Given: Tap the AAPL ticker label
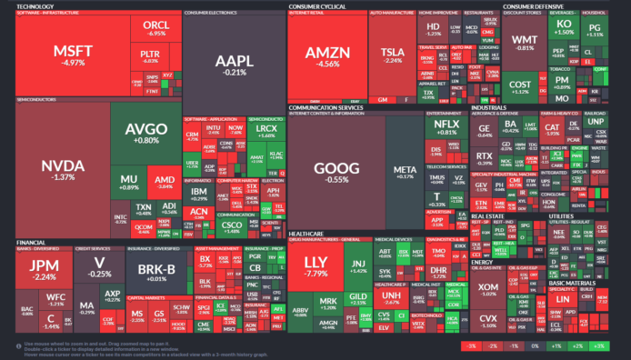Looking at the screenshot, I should pos(234,62).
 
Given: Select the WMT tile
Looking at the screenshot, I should pos(525,42).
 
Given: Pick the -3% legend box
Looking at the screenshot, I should pos(471,346).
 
